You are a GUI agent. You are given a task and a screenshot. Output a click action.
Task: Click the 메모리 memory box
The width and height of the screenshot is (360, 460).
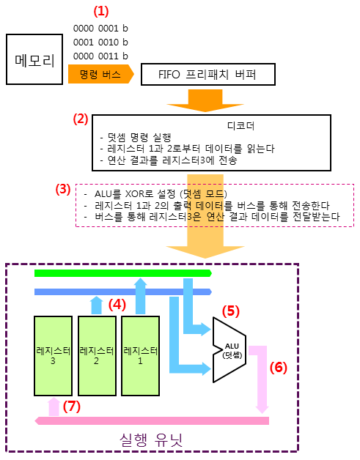pyautogui.click(x=34, y=59)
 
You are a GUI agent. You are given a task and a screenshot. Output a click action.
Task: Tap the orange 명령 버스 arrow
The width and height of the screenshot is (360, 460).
pyautogui.click(x=100, y=74)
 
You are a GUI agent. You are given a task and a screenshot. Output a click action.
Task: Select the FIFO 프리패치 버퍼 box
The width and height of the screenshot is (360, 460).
pyautogui.click(x=208, y=74)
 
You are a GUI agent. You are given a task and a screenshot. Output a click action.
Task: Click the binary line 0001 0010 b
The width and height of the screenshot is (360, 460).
pyautogui.click(x=100, y=42)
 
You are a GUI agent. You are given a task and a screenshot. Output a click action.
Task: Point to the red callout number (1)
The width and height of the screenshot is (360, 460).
pyautogui.click(x=101, y=11)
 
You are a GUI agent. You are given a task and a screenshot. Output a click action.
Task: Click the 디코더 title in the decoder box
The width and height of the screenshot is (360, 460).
pyautogui.click(x=240, y=126)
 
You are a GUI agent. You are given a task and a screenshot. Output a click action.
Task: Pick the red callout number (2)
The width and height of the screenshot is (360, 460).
pyautogui.click(x=81, y=119)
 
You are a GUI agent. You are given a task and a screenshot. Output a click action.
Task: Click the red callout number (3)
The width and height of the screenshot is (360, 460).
pyautogui.click(x=63, y=189)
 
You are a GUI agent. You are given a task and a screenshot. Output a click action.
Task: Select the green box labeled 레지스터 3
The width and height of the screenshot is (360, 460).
pyautogui.click(x=53, y=356)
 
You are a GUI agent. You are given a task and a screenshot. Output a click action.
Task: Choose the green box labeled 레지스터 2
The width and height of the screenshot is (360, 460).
pyautogui.click(x=97, y=356)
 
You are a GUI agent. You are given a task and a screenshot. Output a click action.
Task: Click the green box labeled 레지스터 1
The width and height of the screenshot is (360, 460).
pyautogui.click(x=140, y=356)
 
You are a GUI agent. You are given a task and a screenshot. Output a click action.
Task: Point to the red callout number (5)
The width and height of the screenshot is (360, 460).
pyautogui.click(x=230, y=311)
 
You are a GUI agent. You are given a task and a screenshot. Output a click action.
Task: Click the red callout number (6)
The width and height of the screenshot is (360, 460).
pyautogui.click(x=279, y=367)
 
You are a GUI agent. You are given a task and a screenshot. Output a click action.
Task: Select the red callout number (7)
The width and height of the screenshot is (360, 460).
pyautogui.click(x=72, y=407)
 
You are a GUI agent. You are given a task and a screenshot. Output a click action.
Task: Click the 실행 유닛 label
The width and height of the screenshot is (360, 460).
pyautogui.click(x=151, y=440)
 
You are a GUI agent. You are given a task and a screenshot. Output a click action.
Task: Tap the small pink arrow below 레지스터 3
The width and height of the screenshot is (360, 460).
pyautogui.click(x=54, y=407)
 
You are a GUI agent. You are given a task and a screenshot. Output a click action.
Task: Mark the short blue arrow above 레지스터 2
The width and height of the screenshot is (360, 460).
pyautogui.click(x=97, y=305)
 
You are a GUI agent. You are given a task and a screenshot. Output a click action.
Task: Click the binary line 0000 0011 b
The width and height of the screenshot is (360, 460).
pyautogui.click(x=100, y=56)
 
